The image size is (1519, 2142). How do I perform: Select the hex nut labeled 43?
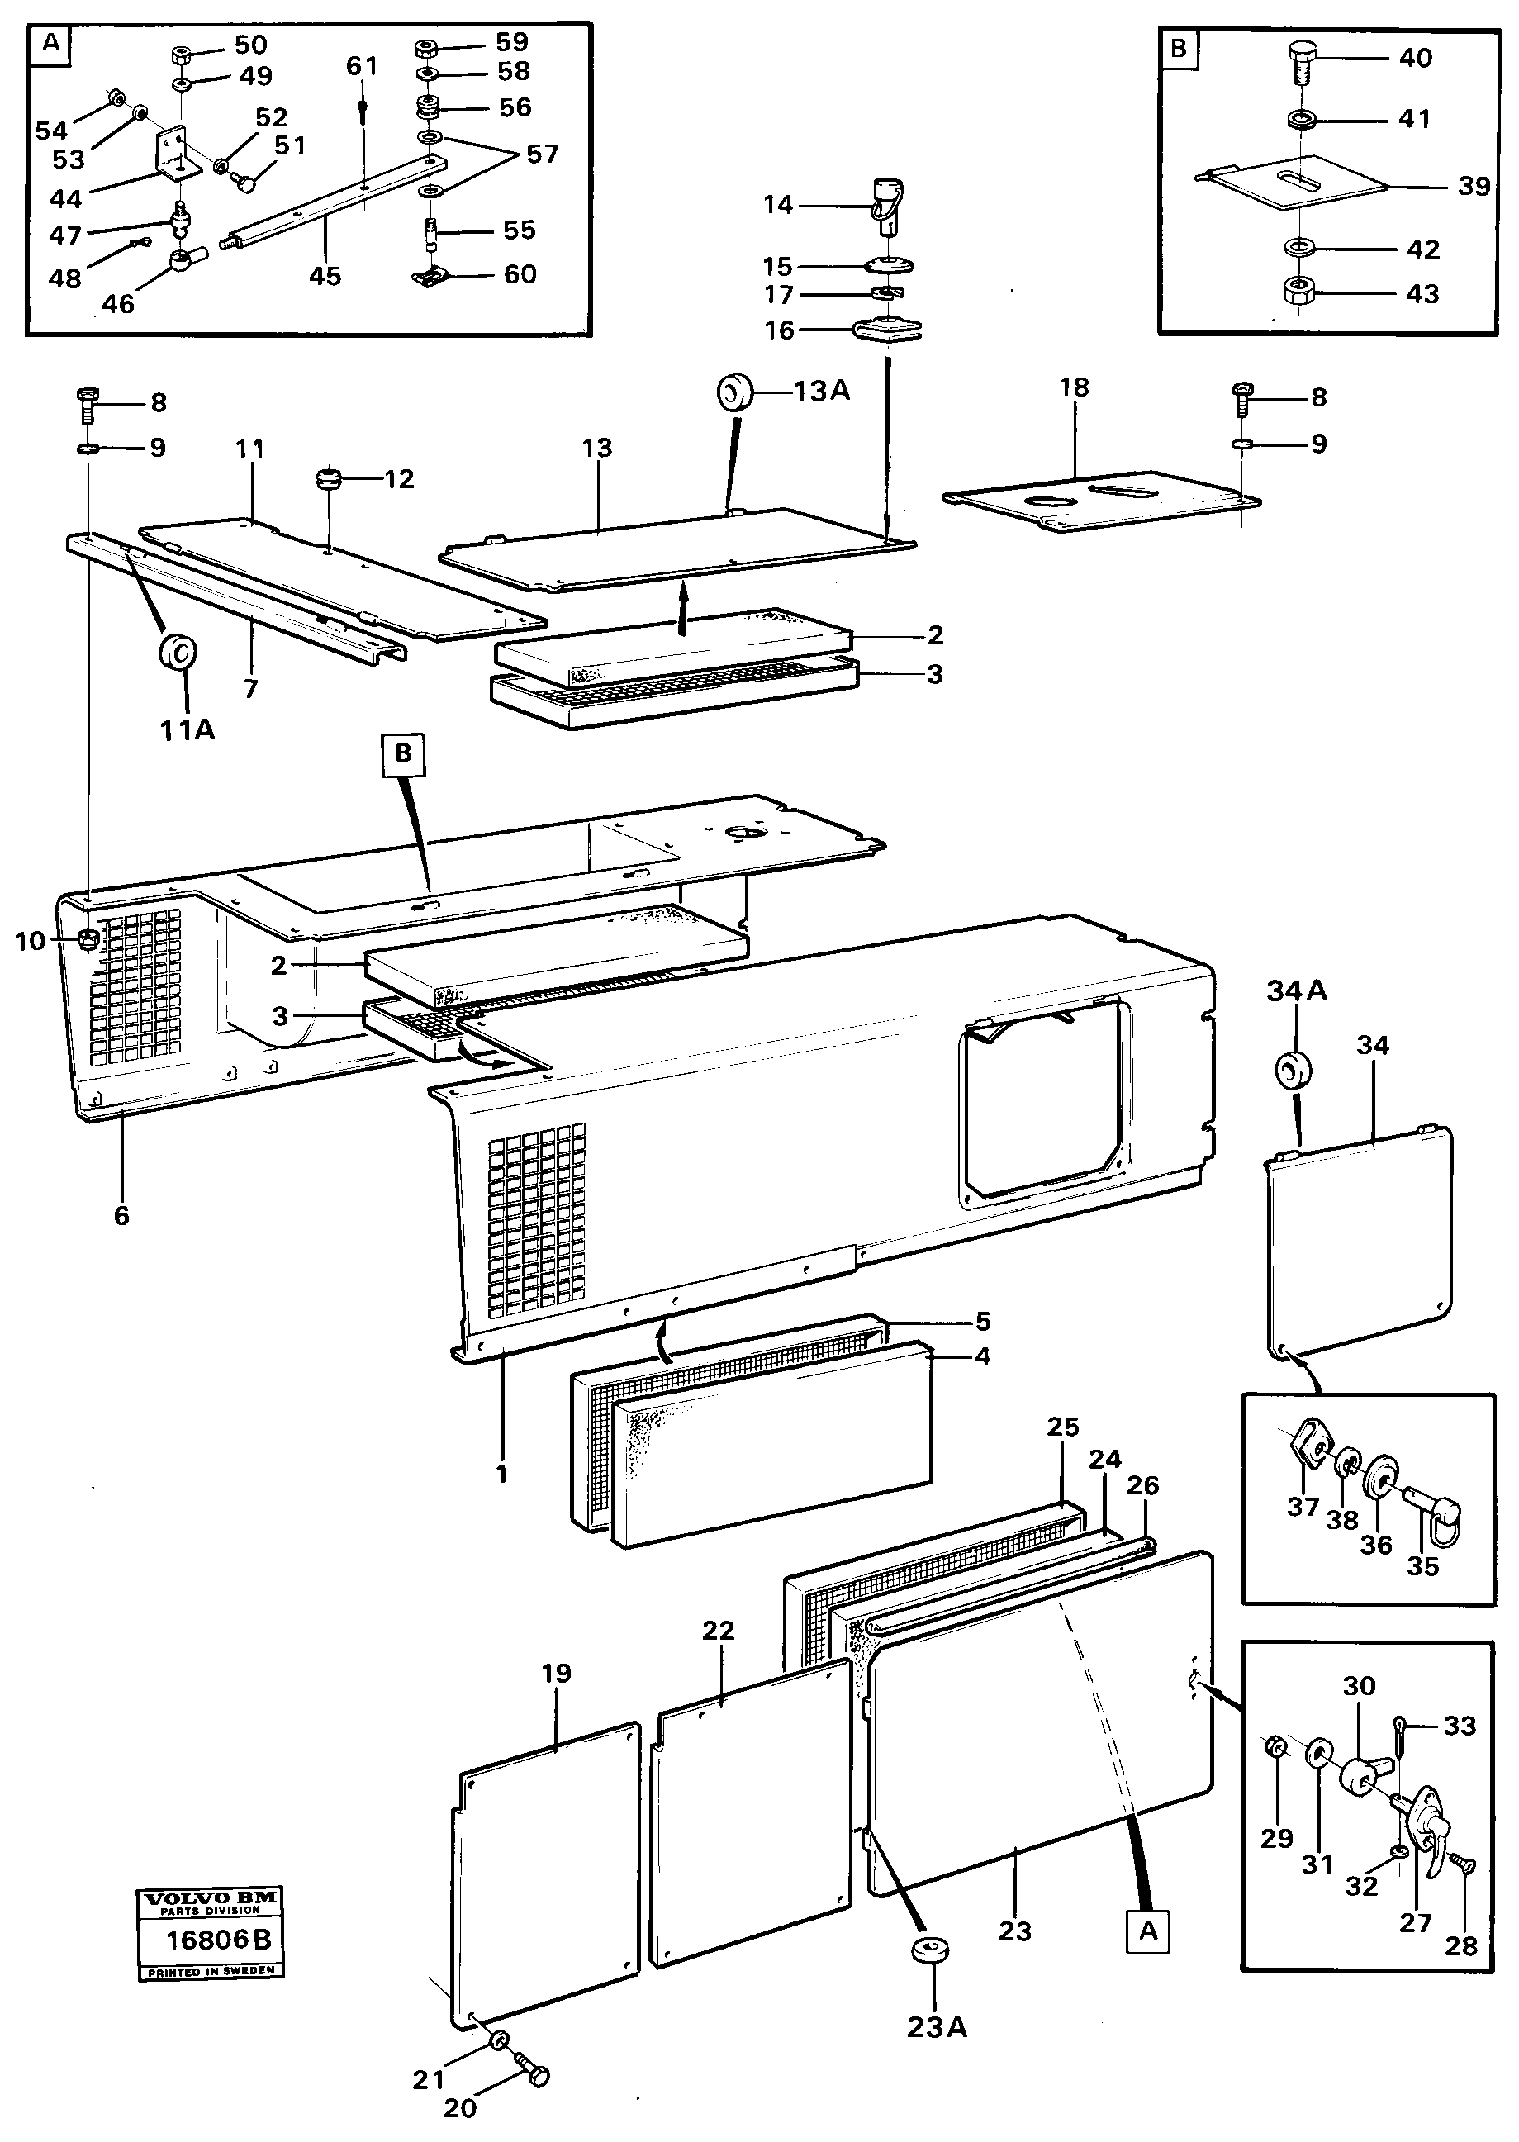click(1298, 292)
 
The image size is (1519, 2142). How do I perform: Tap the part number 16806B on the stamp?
click(218, 1940)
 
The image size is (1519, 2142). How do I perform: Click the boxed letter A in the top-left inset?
click(51, 43)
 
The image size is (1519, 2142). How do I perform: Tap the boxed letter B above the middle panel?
click(403, 753)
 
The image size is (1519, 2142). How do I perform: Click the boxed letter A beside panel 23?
click(1147, 1931)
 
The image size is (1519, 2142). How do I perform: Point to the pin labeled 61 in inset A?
click(363, 111)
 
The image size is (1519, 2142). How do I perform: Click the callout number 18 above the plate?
click(1074, 387)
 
